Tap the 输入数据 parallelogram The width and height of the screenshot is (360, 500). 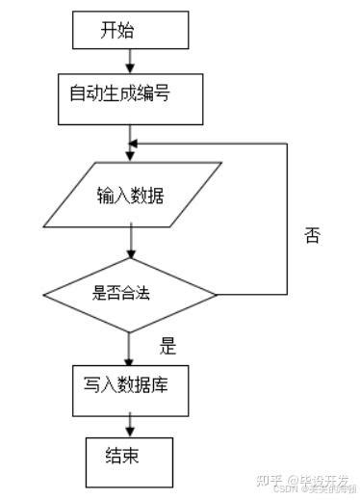(129, 197)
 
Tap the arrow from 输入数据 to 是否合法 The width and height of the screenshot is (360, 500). (129, 241)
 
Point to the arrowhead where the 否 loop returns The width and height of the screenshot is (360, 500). (136, 145)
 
